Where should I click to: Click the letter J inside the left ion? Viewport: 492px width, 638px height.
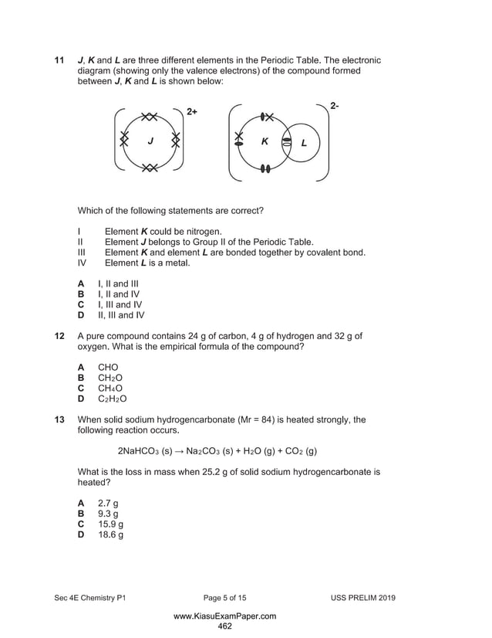pos(150,141)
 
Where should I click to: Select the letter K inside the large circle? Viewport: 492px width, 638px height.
pos(265,142)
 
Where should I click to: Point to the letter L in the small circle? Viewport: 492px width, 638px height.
pos(304,143)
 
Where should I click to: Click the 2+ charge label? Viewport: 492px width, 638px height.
pos(192,112)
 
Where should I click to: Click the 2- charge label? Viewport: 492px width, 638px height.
pos(334,106)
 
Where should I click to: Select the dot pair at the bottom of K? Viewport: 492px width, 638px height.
pos(265,168)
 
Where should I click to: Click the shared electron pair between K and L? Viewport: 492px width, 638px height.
pos(286,143)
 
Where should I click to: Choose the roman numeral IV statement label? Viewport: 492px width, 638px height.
pos(83,263)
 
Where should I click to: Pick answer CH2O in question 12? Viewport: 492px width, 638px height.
pos(110,378)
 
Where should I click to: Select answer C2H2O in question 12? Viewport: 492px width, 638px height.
pos(113,399)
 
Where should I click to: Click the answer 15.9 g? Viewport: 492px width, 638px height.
pos(111,524)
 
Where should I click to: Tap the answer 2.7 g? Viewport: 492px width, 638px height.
pos(108,503)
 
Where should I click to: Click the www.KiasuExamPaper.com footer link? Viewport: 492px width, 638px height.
pos(224,616)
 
